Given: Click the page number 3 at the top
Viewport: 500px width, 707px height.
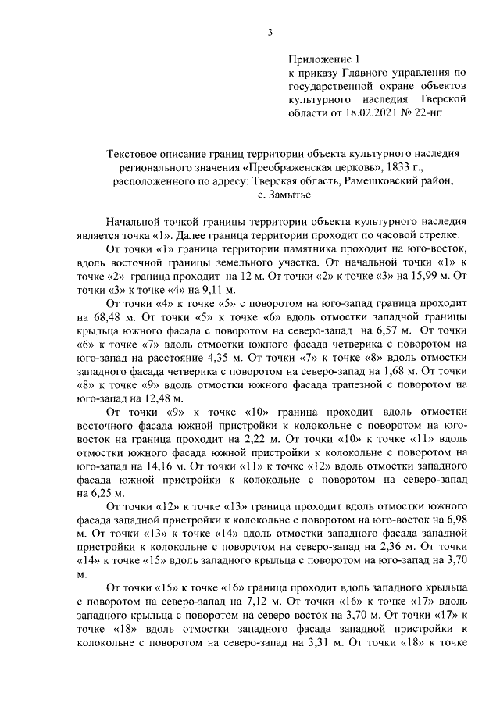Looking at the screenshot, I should [270, 32].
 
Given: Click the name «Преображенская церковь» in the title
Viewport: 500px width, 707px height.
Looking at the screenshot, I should [309, 167].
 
